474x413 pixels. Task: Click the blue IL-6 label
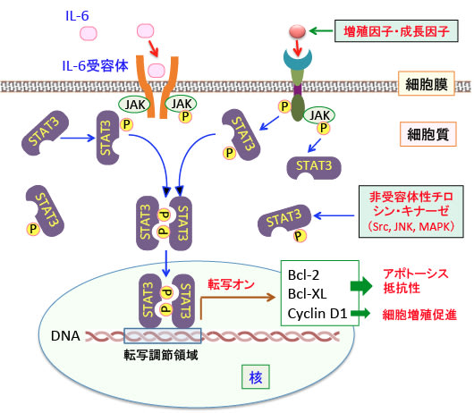(77, 16)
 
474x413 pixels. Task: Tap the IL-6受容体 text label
(95, 66)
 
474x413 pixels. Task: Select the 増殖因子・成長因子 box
(396, 31)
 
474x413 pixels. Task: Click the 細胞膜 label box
(427, 84)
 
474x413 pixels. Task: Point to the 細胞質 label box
(428, 134)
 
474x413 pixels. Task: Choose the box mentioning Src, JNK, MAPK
(411, 212)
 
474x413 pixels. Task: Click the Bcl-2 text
(303, 275)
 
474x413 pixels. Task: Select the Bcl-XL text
(307, 294)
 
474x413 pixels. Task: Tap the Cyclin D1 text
(317, 314)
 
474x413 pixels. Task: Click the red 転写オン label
(232, 284)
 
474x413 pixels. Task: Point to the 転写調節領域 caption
(161, 355)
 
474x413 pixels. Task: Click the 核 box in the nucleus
(256, 377)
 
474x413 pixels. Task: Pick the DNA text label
(65, 335)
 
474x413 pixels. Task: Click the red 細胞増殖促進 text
(419, 315)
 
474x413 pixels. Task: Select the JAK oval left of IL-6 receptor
(134, 105)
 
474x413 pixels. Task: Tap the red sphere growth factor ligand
(298, 31)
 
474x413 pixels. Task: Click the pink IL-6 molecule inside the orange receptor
(157, 71)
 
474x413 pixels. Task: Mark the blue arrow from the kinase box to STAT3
(334, 215)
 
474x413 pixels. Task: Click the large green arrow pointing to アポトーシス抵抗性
(361, 285)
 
